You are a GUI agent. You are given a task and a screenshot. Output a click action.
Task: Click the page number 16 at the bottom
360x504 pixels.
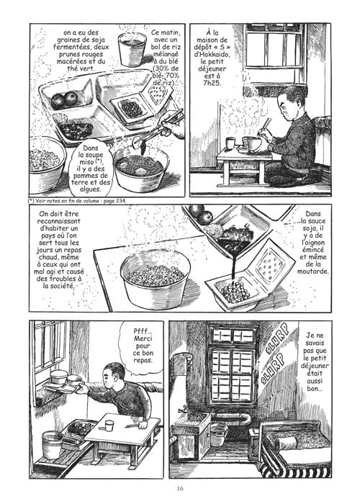click(x=180, y=489)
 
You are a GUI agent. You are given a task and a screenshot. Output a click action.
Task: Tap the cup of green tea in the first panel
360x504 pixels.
click(x=132, y=49)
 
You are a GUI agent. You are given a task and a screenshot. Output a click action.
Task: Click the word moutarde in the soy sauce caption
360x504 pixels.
click(x=312, y=271)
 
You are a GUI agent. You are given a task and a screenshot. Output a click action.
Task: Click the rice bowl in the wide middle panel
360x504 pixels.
click(x=156, y=279)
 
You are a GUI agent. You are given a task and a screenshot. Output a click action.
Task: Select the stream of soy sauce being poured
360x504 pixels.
click(x=232, y=267)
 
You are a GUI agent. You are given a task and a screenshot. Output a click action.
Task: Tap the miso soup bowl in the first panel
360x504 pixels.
click(x=141, y=168)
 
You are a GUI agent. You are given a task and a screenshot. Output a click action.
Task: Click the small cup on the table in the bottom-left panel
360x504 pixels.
click(x=109, y=426)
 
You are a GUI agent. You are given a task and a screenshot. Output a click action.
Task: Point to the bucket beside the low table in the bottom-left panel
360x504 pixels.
click(x=53, y=445)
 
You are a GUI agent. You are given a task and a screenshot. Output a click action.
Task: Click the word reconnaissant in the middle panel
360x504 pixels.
click(x=59, y=221)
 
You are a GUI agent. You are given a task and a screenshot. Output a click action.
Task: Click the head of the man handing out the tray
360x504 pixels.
click(x=113, y=375)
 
